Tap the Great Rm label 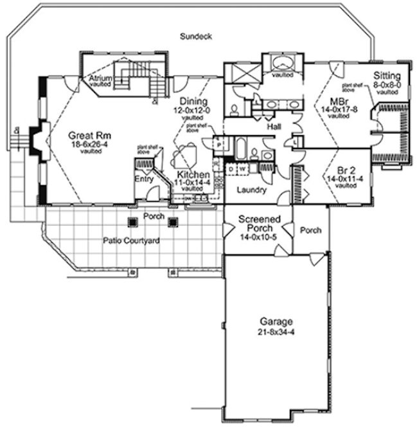(x=89, y=136)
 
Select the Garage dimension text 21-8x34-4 (x=276, y=332)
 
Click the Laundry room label (x=247, y=190)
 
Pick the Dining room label (x=193, y=102)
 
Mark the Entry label (x=142, y=180)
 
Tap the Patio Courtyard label (x=131, y=241)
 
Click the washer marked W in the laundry (x=243, y=168)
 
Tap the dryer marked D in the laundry (x=231, y=168)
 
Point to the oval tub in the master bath (x=281, y=64)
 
